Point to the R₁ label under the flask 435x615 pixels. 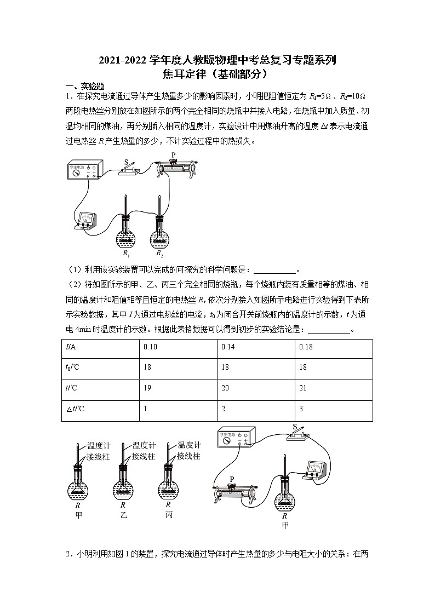126,254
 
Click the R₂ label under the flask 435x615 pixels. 160,254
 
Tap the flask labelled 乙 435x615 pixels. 123,482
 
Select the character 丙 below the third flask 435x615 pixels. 168,515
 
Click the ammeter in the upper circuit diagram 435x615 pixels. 86,220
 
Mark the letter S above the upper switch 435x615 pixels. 126,162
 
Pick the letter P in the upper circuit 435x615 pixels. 173,155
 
